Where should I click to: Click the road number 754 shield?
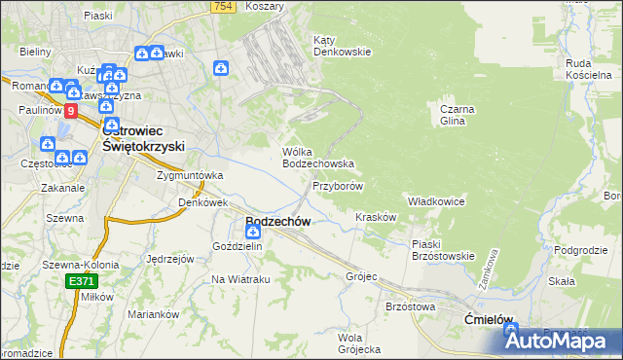(223, 7)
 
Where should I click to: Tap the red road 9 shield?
(70, 112)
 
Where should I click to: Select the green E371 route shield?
(82, 281)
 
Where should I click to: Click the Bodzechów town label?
(278, 222)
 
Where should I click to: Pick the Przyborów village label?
(339, 185)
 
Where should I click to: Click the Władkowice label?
(435, 200)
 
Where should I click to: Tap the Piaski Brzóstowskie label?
(443, 250)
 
